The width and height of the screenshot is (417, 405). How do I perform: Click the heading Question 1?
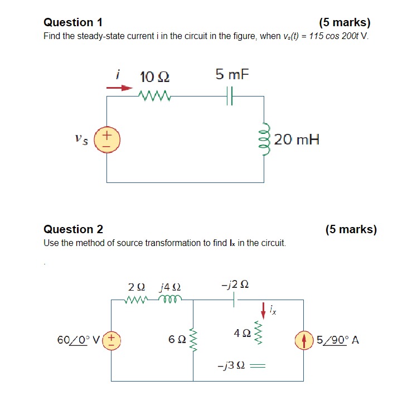pyautogui.click(x=73, y=23)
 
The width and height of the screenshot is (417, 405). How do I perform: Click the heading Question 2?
pyautogui.click(x=73, y=229)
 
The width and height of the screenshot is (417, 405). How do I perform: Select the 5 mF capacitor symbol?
pyautogui.click(x=230, y=96)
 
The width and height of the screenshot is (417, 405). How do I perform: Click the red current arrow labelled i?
pyautogui.click(x=120, y=88)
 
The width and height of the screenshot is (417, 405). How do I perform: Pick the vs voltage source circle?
pyautogui.click(x=107, y=139)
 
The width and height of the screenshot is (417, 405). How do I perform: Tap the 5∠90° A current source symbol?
pyautogui.click(x=304, y=339)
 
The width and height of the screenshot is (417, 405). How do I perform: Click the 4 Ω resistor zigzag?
pyautogui.click(x=258, y=332)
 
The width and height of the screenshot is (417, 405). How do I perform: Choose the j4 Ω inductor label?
pyautogui.click(x=169, y=287)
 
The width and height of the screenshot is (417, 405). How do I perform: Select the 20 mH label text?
pyautogui.click(x=297, y=139)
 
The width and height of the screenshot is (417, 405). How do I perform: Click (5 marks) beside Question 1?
pyautogui.click(x=345, y=23)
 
